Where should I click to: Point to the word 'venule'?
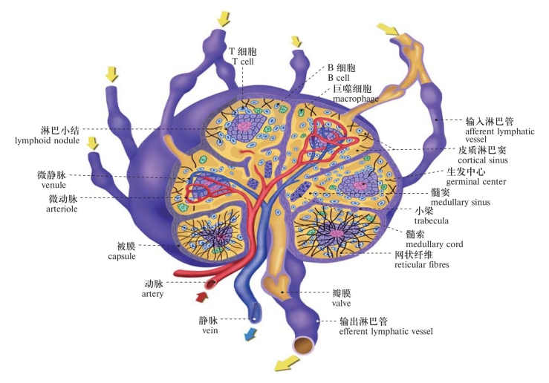coord(54,186)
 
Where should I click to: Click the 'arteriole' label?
coord(54,209)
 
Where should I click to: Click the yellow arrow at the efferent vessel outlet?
coord(286,364)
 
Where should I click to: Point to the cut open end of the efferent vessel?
coord(304,344)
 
